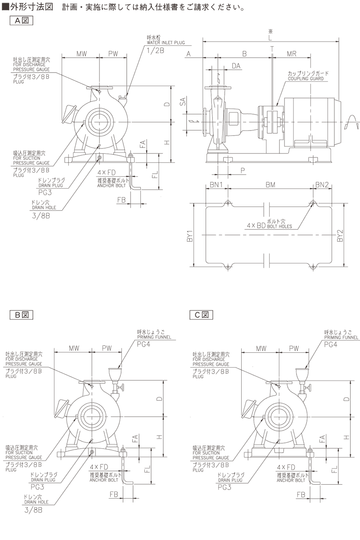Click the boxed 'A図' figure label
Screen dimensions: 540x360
coord(22,20)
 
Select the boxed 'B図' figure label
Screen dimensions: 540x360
coord(22,315)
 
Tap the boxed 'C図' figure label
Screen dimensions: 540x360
coord(201,315)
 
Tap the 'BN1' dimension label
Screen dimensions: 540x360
coord(217,184)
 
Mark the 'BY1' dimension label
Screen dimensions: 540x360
coord(190,235)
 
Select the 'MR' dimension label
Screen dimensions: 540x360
coord(291,54)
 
